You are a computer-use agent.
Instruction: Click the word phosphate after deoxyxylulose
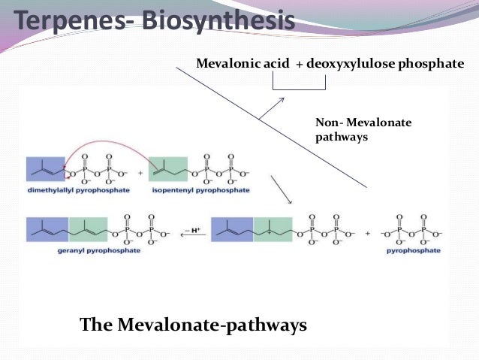432,65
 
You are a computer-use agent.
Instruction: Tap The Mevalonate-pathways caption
193,325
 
